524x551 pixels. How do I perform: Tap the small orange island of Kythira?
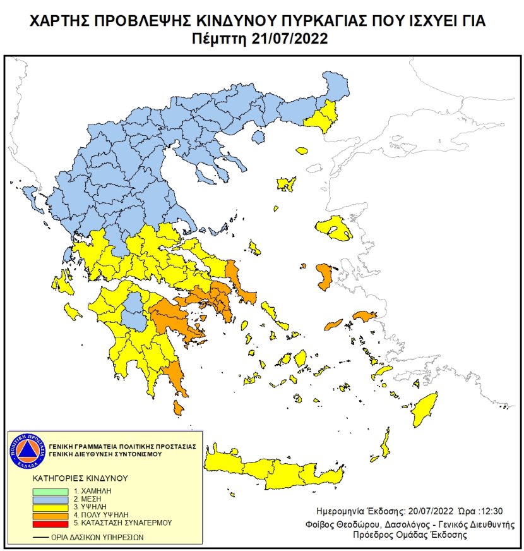coord(179,409)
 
